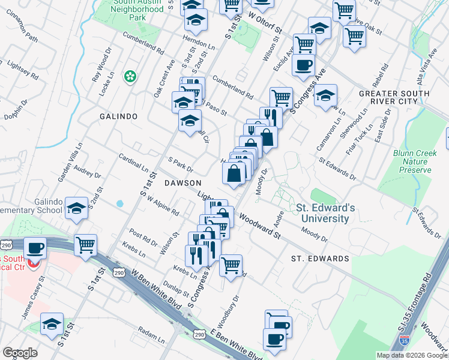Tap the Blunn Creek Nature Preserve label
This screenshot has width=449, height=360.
pyautogui.click(x=414, y=161)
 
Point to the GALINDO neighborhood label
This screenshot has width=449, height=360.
pyautogui.click(x=119, y=116)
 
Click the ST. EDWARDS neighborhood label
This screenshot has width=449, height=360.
pyautogui.click(x=320, y=259)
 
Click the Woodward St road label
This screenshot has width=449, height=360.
pyautogui.click(x=260, y=226)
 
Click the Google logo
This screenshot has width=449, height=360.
pyautogui.click(x=20, y=353)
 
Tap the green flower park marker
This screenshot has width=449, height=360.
pyautogui.click(x=129, y=76)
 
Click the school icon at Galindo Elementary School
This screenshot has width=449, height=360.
pyautogui.click(x=76, y=208)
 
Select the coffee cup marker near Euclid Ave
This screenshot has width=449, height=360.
pyautogui.click(x=304, y=64)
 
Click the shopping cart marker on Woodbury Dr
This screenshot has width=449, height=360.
pyautogui.click(x=231, y=265)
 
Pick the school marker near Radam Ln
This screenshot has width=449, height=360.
pyautogui.click(x=52, y=323)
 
